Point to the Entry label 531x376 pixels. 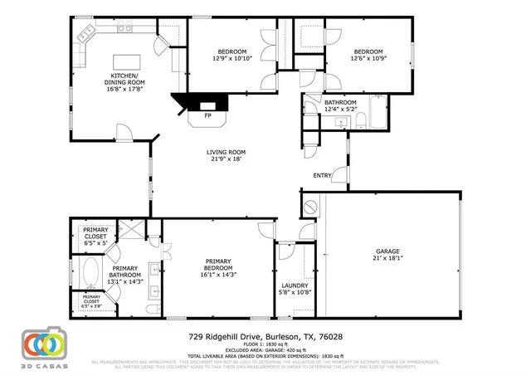[x=323, y=175]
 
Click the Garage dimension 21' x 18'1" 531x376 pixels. [x=388, y=258]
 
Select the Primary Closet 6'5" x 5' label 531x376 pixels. [x=95, y=236]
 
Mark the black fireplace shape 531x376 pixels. [x=201, y=103]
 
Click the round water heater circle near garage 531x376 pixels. [x=309, y=205]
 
